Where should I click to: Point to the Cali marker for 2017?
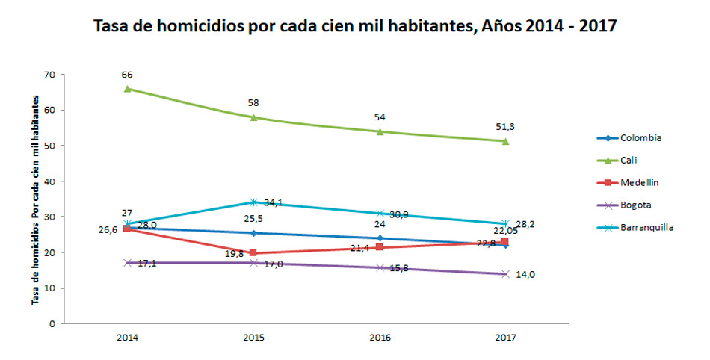click(506, 141)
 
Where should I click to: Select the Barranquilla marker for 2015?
click(253, 202)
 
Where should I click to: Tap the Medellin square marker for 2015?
click(253, 253)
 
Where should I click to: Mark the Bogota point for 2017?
click(506, 274)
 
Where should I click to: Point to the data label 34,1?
click(274, 202)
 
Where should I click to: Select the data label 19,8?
click(233, 253)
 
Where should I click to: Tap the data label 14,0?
click(526, 275)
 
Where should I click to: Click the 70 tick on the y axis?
click(50, 75)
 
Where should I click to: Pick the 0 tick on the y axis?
click(52, 324)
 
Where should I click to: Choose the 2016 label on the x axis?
click(380, 338)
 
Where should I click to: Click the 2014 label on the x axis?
click(127, 338)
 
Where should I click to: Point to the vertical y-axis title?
click(34, 199)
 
